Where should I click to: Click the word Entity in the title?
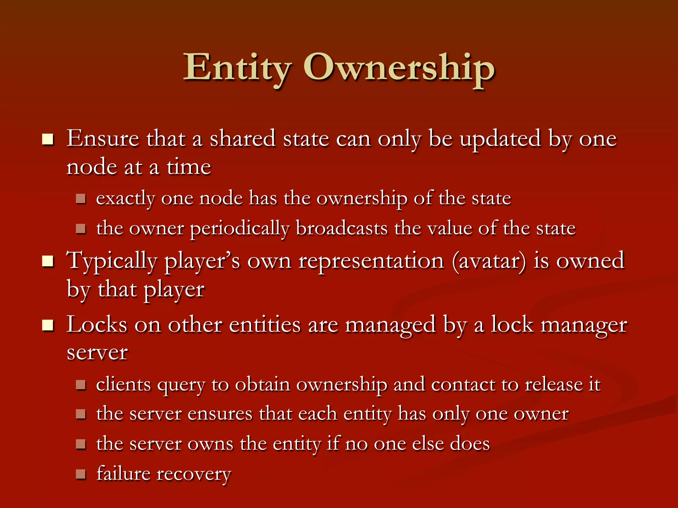point(237,68)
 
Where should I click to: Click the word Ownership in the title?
point(399,68)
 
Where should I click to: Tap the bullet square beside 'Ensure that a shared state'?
point(48,140)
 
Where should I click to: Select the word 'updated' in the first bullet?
point(500,139)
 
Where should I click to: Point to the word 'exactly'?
point(125,199)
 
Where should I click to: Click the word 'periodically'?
point(240,229)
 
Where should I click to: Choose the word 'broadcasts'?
point(342,228)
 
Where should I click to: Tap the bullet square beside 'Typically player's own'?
point(48,261)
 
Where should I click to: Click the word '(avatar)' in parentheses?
point(489,261)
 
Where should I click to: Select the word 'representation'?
point(371,261)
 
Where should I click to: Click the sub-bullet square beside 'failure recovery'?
point(81,474)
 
